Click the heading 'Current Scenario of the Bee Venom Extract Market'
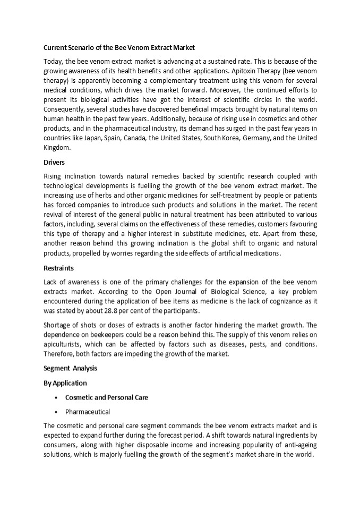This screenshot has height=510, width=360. point(119,47)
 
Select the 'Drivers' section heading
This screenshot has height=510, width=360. point(54,163)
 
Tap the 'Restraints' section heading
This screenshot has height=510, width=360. point(58,268)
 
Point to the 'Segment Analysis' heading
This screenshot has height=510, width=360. point(70,368)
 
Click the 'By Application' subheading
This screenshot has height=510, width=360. point(65,382)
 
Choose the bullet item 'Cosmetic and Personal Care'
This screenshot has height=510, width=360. point(106,397)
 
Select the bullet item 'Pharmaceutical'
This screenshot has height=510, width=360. point(88,411)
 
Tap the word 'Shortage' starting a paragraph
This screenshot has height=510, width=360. point(58,325)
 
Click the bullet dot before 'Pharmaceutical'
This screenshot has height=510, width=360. point(56,412)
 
